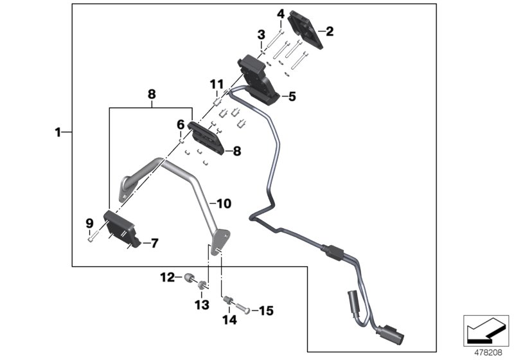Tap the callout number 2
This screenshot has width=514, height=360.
click(x=330, y=30)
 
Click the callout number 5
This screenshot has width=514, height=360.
click(x=292, y=97)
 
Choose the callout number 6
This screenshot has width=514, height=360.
click(x=181, y=123)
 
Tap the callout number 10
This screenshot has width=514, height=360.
click(x=224, y=204)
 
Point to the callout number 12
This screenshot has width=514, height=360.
click(x=166, y=278)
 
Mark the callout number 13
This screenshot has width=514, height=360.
click(x=202, y=304)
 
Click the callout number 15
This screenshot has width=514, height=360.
click(x=265, y=311)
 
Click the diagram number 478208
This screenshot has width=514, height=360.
click(x=486, y=351)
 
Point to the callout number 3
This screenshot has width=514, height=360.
click(x=261, y=33)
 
